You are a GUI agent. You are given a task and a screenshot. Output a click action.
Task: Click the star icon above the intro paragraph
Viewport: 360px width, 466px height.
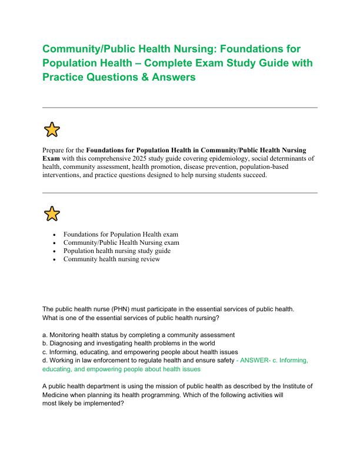[52, 129]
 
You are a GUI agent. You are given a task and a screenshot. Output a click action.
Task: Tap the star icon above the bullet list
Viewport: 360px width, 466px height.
[52, 214]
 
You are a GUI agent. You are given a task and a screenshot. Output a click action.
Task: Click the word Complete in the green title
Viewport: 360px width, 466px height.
[229, 62]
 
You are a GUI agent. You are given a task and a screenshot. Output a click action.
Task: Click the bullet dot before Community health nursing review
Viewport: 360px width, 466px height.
[54, 259]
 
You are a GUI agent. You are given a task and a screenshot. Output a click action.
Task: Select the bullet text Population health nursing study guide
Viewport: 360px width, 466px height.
[116, 251]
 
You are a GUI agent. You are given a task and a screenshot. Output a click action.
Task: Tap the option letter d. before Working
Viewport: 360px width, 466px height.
[45, 360]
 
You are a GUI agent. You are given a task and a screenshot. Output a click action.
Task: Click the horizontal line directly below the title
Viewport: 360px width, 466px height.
[180, 108]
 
